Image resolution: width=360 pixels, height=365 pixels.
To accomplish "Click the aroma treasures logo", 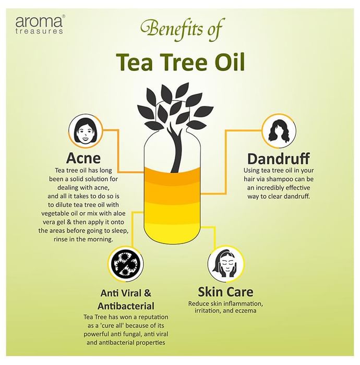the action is [39, 25].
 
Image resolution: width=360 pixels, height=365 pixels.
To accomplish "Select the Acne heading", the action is [83, 159].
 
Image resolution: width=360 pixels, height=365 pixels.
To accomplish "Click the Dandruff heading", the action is [279, 159].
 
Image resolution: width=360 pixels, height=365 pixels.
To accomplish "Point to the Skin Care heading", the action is [225, 292].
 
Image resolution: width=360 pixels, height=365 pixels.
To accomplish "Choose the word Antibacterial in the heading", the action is [126, 306].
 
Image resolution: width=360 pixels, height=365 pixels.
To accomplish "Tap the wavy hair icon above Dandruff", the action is [279, 130].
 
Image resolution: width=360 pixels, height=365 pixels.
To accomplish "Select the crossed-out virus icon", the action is [126, 264].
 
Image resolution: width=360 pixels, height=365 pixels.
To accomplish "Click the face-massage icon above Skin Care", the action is [225, 263].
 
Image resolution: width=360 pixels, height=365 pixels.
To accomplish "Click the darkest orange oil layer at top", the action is [172, 175].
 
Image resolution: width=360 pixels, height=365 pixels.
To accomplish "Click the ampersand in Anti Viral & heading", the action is [148, 293].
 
